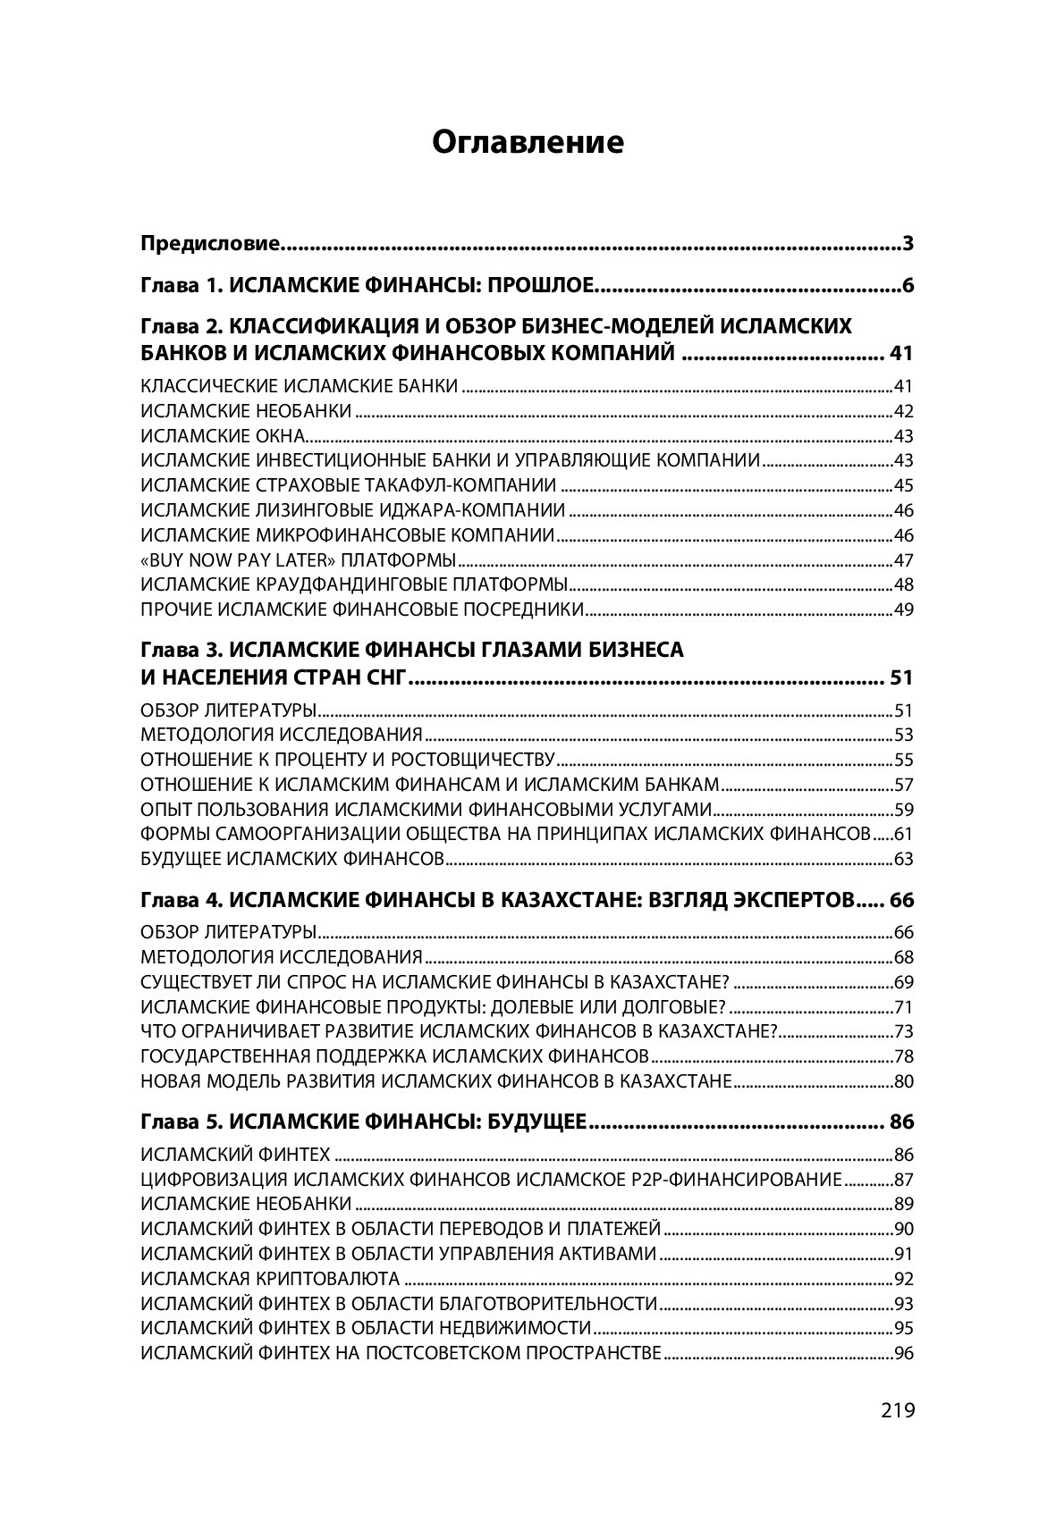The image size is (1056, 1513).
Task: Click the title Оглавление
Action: click(x=528, y=142)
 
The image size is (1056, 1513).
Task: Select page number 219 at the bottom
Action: click(x=897, y=1411)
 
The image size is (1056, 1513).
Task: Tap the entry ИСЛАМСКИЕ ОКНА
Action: click(x=224, y=436)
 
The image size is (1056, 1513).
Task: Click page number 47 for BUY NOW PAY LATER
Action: click(x=903, y=560)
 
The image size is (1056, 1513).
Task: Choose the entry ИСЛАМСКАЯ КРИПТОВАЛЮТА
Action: click(x=270, y=1278)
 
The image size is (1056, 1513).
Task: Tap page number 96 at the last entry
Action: click(x=903, y=1353)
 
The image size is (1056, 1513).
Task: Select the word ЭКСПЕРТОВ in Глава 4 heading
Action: click(x=781, y=899)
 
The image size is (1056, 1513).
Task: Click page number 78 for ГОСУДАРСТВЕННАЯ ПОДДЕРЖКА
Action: click(x=903, y=1055)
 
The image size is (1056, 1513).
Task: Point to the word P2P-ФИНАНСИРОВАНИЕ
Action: click(x=734, y=1179)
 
